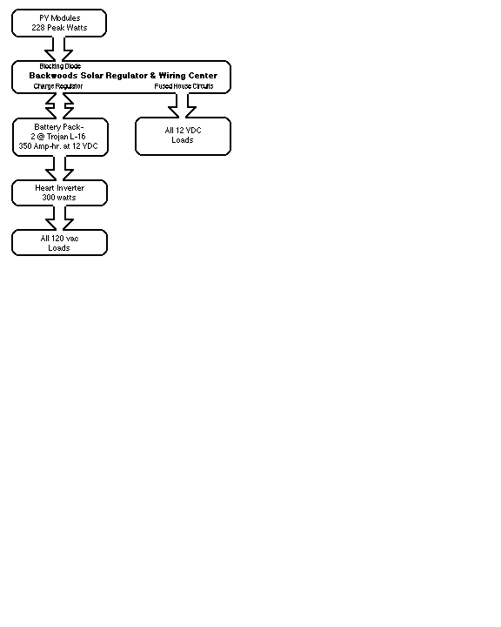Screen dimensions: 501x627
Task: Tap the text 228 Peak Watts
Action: tap(59, 28)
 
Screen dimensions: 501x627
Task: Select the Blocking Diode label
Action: tap(60, 66)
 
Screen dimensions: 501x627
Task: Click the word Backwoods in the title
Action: tap(53, 76)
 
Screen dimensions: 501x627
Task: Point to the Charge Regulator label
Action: tap(58, 86)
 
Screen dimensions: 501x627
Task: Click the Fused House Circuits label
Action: tap(184, 86)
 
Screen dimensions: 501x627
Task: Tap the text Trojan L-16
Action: tap(66, 137)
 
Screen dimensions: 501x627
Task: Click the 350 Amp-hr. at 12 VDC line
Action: tap(58, 146)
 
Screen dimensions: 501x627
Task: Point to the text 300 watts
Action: tap(59, 198)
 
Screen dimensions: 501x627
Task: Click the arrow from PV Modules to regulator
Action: tap(59, 49)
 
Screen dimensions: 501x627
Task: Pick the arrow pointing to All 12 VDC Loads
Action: tap(182, 105)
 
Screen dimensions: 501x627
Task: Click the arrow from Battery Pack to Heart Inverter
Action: tap(59, 168)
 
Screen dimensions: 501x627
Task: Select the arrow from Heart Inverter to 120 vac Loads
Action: tap(59, 218)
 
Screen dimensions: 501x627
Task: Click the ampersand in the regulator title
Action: tap(153, 76)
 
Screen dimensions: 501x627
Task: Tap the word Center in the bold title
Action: tap(203, 76)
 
